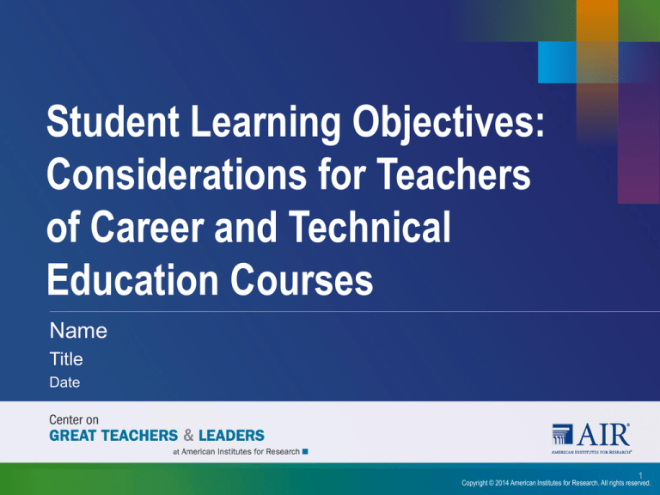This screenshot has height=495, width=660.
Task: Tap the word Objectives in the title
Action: [x=449, y=124]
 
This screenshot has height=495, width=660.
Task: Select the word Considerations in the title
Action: [x=177, y=174]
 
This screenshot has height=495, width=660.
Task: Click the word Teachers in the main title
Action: [x=454, y=174]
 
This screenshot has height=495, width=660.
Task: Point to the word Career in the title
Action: [x=147, y=227]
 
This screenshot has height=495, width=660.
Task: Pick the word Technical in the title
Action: [x=370, y=227]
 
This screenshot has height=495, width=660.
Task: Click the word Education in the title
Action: [x=132, y=279]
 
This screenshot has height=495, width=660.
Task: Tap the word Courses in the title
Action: [x=302, y=279]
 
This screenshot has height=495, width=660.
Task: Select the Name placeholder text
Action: [x=78, y=330]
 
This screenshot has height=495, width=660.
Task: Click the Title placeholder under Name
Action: [x=66, y=359]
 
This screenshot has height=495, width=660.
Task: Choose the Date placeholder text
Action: [x=64, y=382]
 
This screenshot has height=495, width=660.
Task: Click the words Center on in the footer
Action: [x=74, y=419]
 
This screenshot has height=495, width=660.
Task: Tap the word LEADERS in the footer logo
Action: [x=231, y=435]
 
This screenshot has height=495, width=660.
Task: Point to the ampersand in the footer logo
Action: [x=188, y=435]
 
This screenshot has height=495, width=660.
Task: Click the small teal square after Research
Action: [x=305, y=452]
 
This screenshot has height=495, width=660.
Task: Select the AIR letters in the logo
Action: [x=604, y=434]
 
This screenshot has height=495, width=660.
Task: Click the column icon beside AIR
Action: [x=562, y=434]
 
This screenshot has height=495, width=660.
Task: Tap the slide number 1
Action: [x=640, y=475]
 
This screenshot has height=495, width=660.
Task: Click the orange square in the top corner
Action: [x=597, y=21]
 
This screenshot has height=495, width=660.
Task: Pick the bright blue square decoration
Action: [x=557, y=62]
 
